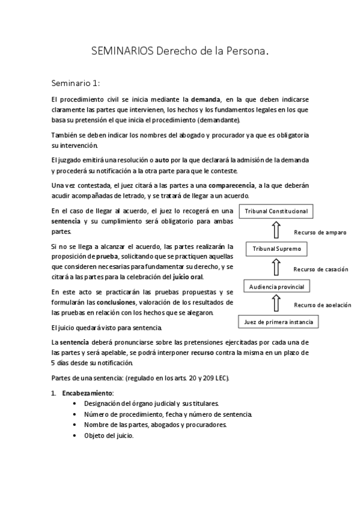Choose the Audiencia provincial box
[277, 286]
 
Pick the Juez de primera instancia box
[278, 322]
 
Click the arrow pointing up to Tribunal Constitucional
[276, 230]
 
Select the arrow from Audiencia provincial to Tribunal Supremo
[276, 267]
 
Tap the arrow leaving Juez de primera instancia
[276, 304]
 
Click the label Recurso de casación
[320, 269]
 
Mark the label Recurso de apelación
[322, 305]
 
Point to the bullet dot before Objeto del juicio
[74, 436]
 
